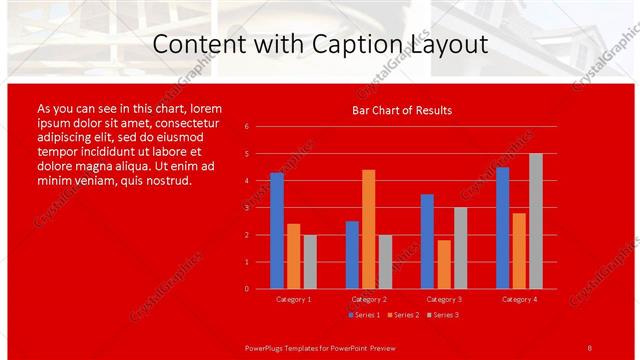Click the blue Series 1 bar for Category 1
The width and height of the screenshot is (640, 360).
(x=277, y=231)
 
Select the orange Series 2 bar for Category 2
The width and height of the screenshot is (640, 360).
(x=369, y=229)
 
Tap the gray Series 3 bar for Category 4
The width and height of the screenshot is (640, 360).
(x=536, y=221)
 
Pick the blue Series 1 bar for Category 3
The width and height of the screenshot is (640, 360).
(x=427, y=241)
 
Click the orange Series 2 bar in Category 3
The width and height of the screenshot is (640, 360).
(x=444, y=264)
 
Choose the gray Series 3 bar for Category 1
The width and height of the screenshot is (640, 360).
(x=310, y=262)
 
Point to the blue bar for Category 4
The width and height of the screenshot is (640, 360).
(x=502, y=228)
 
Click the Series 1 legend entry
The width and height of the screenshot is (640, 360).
(x=362, y=315)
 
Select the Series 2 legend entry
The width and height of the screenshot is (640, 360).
(x=402, y=315)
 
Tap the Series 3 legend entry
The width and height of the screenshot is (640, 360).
(x=443, y=315)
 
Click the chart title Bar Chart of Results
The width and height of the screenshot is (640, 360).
(x=402, y=110)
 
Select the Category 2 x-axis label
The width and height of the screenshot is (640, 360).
(x=369, y=299)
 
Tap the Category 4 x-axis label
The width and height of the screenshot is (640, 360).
(x=519, y=299)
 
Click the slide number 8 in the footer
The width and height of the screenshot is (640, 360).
(x=590, y=347)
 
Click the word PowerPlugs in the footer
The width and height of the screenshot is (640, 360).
(x=267, y=347)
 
